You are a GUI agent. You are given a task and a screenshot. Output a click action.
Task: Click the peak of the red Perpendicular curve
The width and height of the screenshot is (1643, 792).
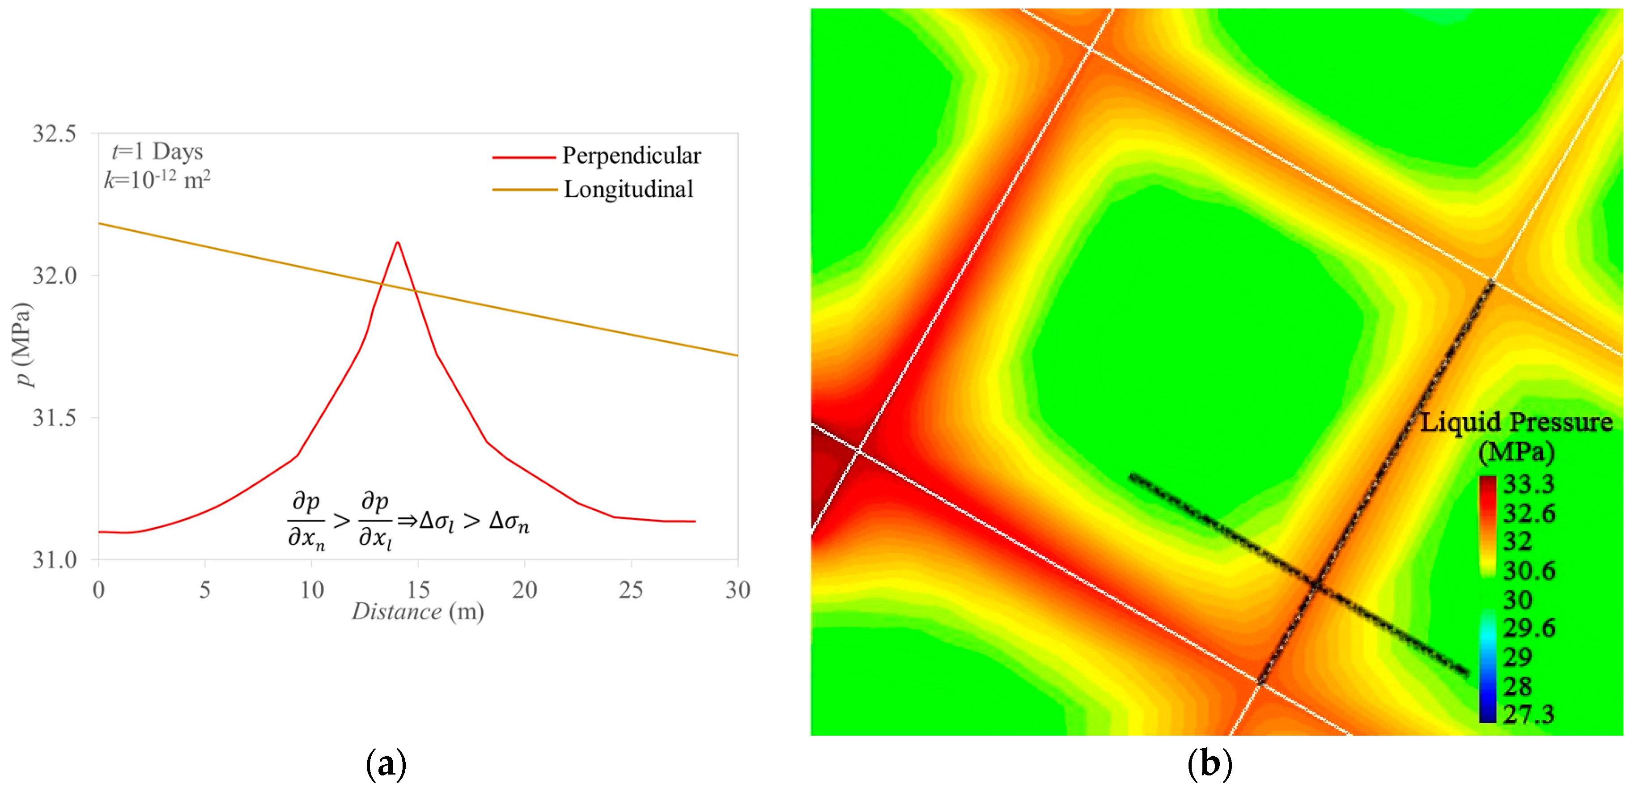397,242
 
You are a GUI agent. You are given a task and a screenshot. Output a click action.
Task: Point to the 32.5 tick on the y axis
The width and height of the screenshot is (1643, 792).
54,134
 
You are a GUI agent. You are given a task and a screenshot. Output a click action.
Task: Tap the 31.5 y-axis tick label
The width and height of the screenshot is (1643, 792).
54,418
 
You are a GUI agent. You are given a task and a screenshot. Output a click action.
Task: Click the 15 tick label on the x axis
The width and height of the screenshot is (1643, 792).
418,590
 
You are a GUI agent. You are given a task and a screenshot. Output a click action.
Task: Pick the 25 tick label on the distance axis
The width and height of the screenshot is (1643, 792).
631,590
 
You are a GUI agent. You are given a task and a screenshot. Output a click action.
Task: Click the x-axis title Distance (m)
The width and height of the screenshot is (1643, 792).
418,611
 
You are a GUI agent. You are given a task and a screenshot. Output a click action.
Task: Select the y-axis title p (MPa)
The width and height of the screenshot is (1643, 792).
23,345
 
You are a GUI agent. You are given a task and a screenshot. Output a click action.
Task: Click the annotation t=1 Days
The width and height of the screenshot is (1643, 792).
157,152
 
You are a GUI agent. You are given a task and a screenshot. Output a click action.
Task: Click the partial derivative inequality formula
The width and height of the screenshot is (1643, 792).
408,521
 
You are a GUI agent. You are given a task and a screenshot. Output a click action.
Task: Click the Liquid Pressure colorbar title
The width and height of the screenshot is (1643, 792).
1516,437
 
